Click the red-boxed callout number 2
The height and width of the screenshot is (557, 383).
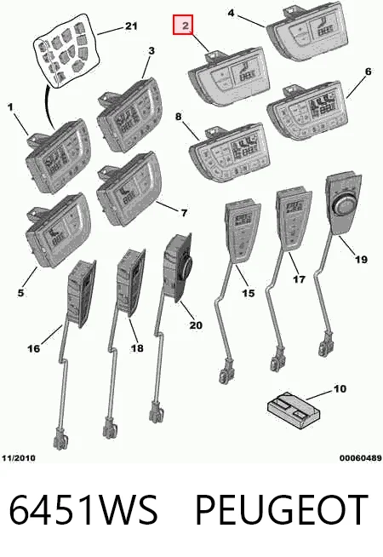183,25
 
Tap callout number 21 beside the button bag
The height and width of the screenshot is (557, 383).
130,26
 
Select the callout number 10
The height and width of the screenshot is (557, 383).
340,388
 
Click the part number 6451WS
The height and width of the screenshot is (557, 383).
83,510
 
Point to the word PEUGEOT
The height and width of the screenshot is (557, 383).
282,510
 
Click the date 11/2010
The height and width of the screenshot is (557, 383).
19,458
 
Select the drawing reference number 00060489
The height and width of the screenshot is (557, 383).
360,458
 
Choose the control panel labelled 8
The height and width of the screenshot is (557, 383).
229,152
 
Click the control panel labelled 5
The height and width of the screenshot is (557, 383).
58,230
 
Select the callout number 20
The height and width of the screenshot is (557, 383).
196,325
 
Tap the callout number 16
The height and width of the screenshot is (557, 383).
34,348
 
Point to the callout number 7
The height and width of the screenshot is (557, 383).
184,213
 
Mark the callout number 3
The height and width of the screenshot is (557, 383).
151,51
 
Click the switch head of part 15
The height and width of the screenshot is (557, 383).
242,233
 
